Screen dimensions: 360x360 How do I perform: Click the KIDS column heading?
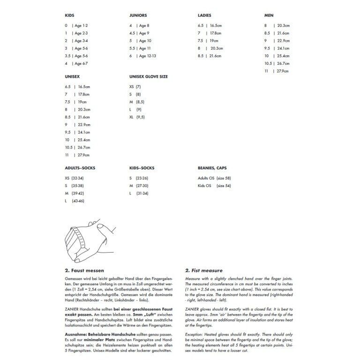[70, 15]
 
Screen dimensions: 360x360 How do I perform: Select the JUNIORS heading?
[138, 15]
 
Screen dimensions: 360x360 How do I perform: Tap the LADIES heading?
[204, 15]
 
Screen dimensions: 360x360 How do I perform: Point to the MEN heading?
[269, 15]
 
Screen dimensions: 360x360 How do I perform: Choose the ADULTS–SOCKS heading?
[82, 168]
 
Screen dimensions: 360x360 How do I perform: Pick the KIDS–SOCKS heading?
[142, 168]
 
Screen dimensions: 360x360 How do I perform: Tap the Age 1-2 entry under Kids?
[81, 25]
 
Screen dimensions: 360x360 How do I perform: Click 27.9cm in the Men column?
[283, 71]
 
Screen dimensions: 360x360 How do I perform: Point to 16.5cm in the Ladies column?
[215, 25]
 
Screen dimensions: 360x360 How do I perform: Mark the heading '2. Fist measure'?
[204, 270]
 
